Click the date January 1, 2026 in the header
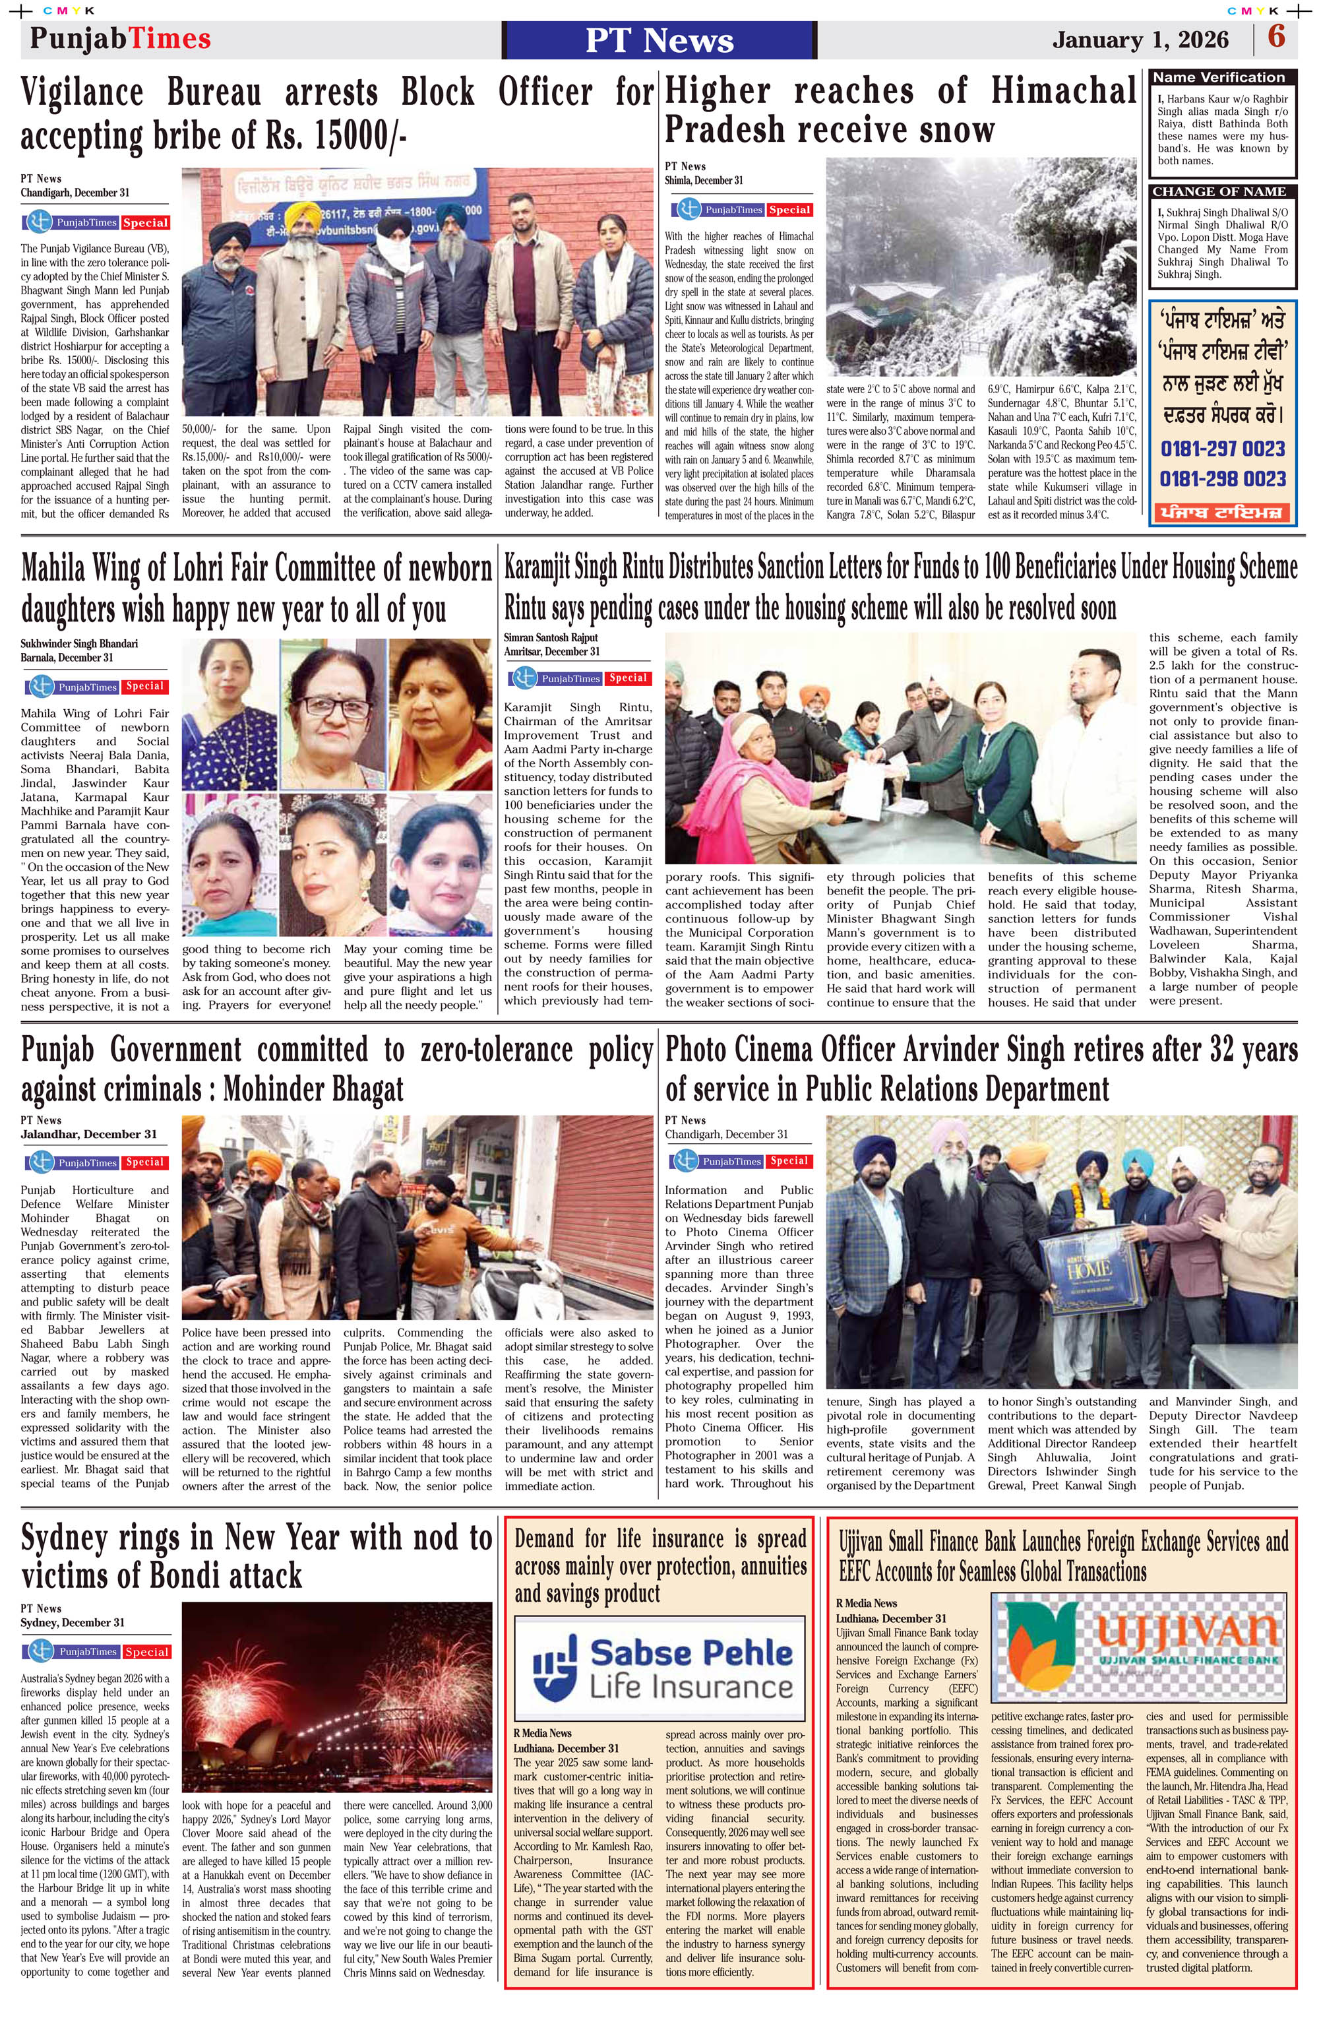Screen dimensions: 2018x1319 1140,40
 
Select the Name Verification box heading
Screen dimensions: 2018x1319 1219,77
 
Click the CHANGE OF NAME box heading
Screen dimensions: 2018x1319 1219,191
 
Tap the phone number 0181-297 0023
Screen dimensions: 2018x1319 1222,449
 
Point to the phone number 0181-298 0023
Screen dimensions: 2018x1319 1222,479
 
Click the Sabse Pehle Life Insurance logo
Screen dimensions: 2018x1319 659,1668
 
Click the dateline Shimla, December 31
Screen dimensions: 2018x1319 704,181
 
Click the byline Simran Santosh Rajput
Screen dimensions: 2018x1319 550,638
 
